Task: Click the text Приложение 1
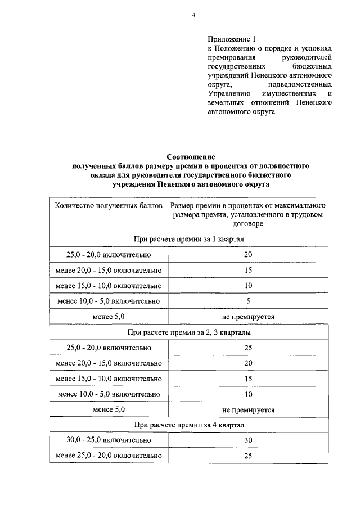point(231,39)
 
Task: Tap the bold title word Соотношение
point(191,157)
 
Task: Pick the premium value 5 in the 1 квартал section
point(248,301)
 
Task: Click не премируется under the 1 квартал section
point(248,317)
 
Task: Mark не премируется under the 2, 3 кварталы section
point(248,409)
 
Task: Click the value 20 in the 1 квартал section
point(248,255)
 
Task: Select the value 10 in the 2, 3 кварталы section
point(248,394)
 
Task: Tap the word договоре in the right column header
point(248,223)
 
